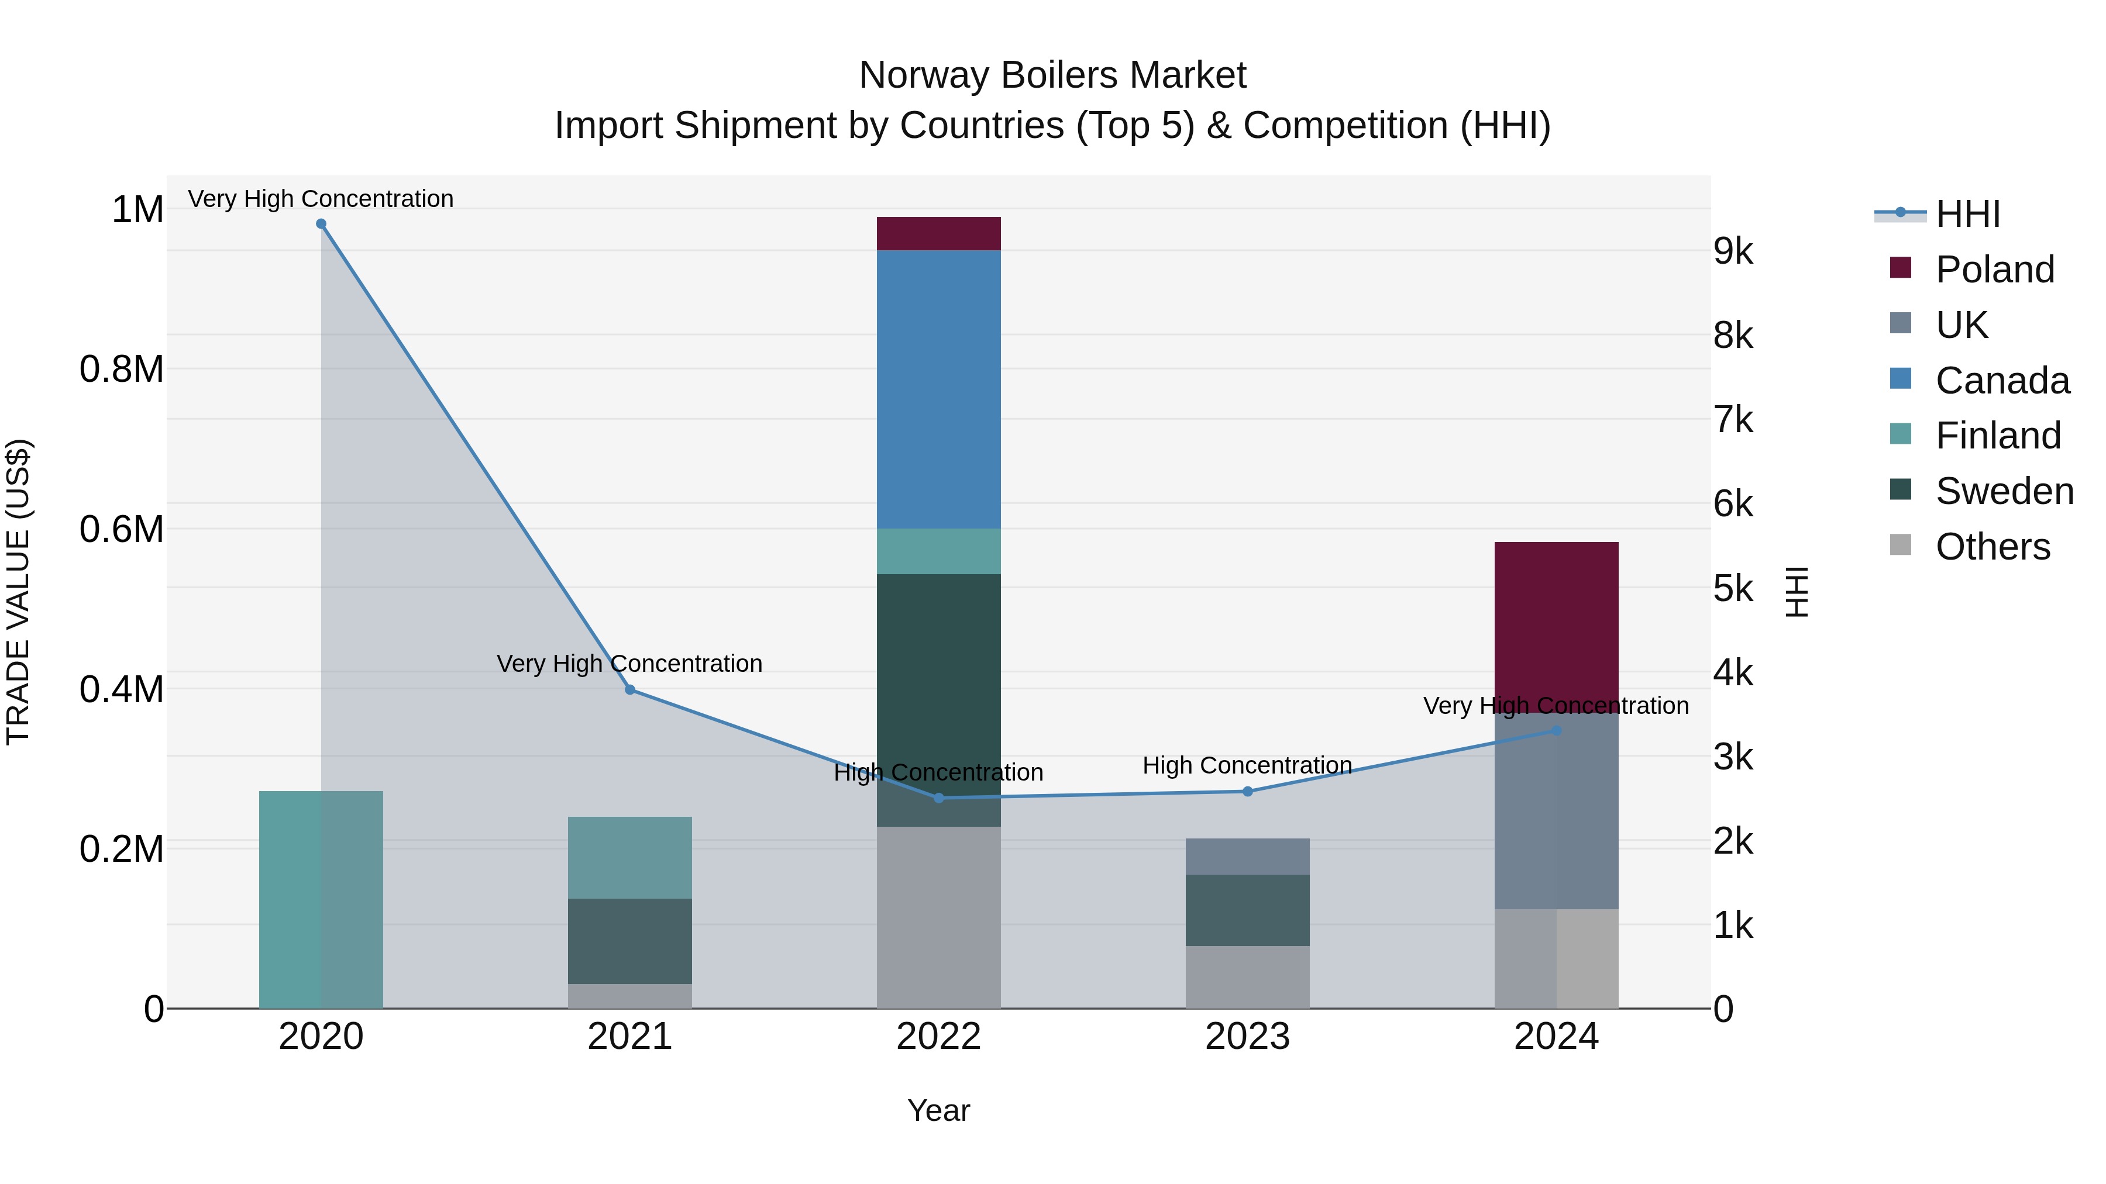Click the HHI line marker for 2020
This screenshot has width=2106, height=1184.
click(321, 224)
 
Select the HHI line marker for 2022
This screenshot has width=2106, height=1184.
click(938, 798)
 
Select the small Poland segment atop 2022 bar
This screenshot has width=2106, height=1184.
click(938, 234)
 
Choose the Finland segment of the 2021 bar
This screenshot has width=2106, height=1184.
click(629, 857)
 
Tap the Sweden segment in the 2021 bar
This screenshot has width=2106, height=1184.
click(629, 941)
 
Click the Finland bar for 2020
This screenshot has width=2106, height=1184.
click(321, 899)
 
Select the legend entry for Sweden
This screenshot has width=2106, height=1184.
click(2003, 491)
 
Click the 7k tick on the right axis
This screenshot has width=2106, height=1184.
click(1733, 420)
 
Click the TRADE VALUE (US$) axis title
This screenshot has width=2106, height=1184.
click(18, 592)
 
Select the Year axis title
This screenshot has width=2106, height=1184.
click(938, 1110)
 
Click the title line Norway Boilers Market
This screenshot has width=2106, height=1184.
click(1052, 75)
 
